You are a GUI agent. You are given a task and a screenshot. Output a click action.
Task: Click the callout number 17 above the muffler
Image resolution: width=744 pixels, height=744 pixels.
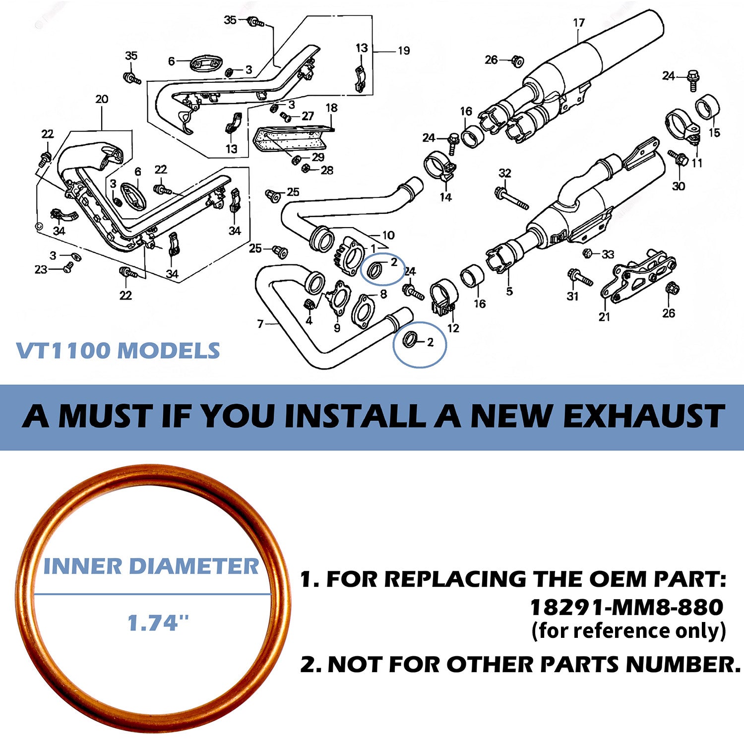click(x=579, y=23)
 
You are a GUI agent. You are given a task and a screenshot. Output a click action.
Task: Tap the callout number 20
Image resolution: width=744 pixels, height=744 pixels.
click(x=102, y=99)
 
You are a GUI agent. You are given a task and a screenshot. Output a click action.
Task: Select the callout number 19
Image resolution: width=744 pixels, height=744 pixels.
click(x=404, y=51)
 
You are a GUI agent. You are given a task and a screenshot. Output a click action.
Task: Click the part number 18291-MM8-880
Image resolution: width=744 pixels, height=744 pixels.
click(x=626, y=607)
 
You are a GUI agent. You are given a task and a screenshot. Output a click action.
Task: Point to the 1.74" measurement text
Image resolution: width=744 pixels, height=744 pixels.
click(x=158, y=623)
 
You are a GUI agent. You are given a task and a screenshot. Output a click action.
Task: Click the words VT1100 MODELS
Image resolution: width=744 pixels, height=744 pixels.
click(x=118, y=351)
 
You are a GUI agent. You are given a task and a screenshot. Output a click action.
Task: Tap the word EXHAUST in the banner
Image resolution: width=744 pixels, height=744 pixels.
click(x=643, y=416)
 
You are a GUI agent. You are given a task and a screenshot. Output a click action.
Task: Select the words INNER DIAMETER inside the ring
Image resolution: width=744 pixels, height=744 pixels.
click(x=151, y=566)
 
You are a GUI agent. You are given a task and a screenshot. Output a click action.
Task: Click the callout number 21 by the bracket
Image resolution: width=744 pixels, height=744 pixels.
click(x=604, y=316)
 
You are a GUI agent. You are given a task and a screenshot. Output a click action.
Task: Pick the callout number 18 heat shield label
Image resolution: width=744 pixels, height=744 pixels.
click(x=331, y=108)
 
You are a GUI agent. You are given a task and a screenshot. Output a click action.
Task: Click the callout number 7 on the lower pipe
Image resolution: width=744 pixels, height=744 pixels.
click(x=260, y=324)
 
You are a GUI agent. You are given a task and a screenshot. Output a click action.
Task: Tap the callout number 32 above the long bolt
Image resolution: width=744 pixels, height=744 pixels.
click(x=504, y=173)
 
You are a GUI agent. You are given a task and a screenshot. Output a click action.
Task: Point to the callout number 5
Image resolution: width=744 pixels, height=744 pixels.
click(x=509, y=291)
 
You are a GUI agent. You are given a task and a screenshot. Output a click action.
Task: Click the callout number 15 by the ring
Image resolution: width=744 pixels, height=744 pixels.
click(x=714, y=132)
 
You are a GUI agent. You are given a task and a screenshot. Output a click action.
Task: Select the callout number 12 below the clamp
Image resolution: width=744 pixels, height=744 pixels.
click(x=453, y=328)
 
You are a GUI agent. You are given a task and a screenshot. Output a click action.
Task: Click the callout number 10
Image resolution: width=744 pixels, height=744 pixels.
click(x=388, y=235)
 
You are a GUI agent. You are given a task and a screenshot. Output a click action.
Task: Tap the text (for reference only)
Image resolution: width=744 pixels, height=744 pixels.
click(x=628, y=631)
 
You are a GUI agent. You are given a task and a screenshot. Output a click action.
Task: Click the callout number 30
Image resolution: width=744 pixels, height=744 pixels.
click(x=678, y=186)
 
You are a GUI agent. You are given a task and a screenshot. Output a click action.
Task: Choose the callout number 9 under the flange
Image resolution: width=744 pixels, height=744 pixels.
click(x=337, y=328)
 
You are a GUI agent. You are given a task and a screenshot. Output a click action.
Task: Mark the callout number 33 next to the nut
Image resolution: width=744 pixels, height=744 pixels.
click(x=608, y=254)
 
